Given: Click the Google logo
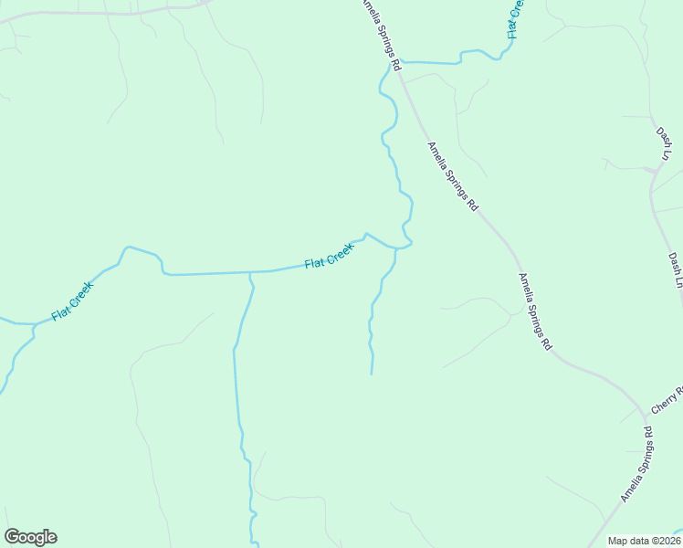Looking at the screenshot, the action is tap(30, 537).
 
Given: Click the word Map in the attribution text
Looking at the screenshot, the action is tap(619, 541).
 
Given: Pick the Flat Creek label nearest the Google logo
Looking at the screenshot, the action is tap(72, 300).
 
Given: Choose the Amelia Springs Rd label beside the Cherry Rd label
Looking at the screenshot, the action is tap(637, 464).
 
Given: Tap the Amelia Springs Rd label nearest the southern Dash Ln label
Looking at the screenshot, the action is tap(536, 312).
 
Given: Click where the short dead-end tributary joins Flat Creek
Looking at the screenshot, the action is tap(395, 248).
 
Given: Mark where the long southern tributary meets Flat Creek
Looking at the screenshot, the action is tap(249, 272).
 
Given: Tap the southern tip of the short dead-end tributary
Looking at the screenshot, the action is tap(371, 373).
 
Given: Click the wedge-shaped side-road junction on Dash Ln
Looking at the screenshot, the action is tap(654, 169).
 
